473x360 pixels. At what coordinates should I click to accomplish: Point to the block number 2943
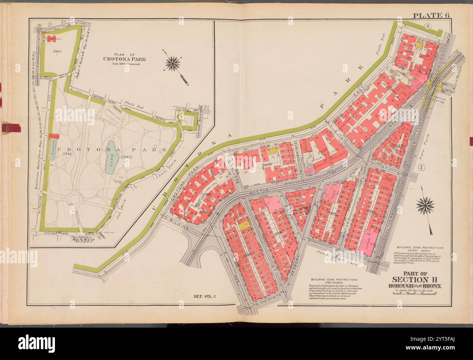click(x=57, y=51)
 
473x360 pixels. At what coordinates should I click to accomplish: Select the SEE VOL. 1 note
click(x=204, y=297)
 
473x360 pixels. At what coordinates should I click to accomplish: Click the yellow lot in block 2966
click(x=243, y=225)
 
